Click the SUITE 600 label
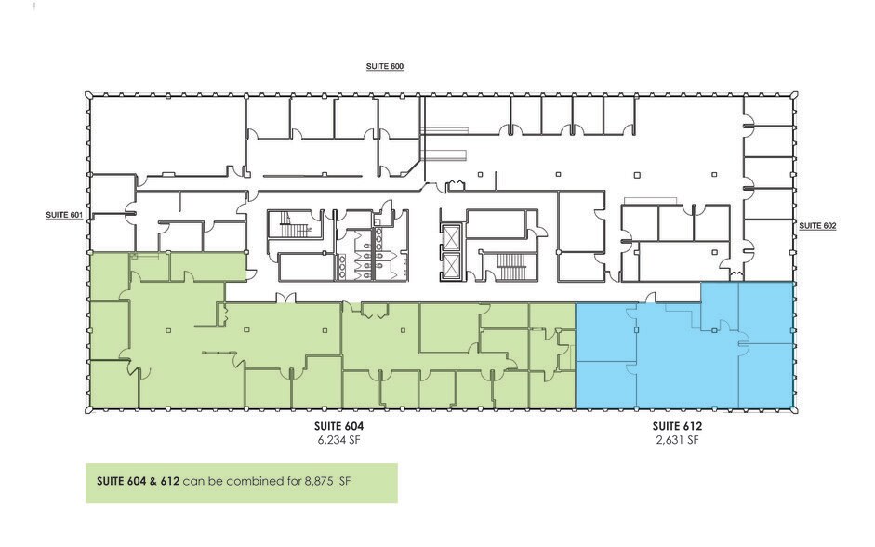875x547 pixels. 383,67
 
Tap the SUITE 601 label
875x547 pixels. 64,215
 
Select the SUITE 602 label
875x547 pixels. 817,225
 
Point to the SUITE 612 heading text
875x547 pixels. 676,427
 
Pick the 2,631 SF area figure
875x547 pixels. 676,440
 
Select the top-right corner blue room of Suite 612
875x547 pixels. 765,313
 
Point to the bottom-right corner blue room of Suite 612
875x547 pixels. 765,377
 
